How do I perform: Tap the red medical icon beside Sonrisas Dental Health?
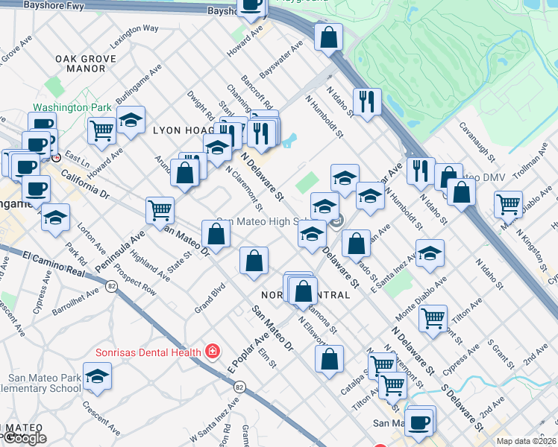[213, 351]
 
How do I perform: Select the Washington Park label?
[72, 107]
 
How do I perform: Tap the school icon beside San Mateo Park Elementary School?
[97, 378]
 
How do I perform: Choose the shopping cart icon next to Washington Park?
[101, 130]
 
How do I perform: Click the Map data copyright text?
[526, 441]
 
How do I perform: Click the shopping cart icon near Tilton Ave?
[433, 319]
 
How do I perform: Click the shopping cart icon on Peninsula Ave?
[160, 211]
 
